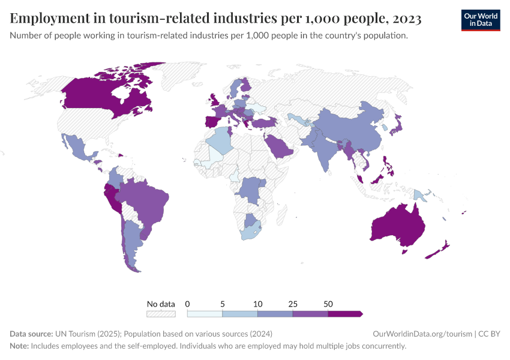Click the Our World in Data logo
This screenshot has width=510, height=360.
click(480, 20)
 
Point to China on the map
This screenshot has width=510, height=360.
click(351, 129)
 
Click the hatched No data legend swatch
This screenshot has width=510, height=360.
click(161, 313)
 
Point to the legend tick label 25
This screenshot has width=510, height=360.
click(293, 304)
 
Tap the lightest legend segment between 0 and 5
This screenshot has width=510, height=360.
click(205, 313)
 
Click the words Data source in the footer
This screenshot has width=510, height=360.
click(31, 334)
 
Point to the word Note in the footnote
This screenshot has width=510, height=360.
click(19, 346)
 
